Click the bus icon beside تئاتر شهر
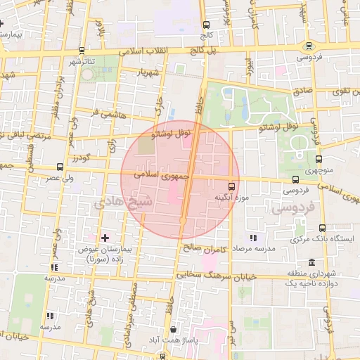pos(84,51)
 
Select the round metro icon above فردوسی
pos(309,46)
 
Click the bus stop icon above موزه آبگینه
pos(232,186)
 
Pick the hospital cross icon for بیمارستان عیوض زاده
pos(105,239)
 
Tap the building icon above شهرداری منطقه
pos(311,262)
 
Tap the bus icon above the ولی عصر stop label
pos(58,168)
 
